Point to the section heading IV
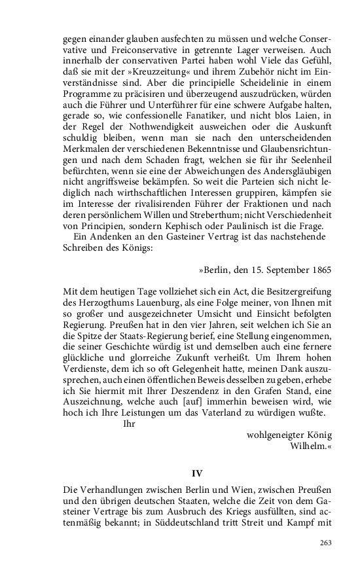point(196,473)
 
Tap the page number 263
point(325,543)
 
